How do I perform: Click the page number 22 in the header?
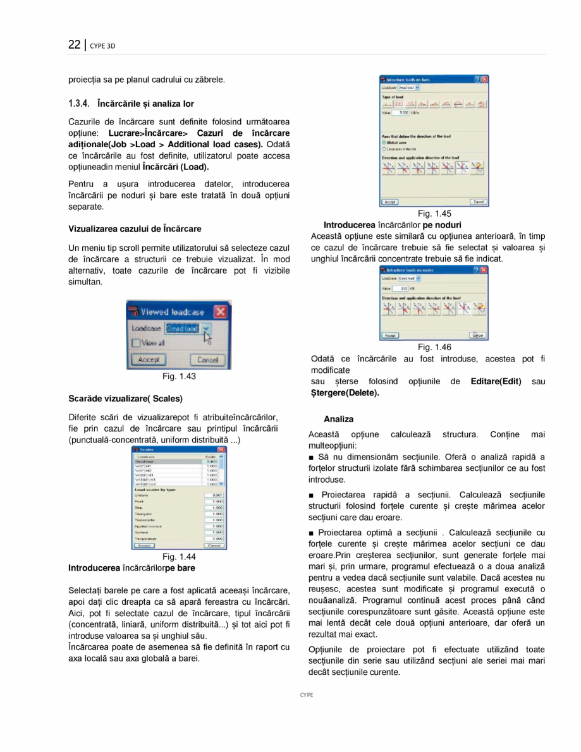click(x=75, y=45)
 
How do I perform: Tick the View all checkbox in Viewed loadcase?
click(x=135, y=343)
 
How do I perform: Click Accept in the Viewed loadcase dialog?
click(x=148, y=360)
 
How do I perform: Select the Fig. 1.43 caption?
click(x=179, y=377)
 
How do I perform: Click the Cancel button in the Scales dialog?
click(x=214, y=545)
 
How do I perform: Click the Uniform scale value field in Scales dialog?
click(x=214, y=495)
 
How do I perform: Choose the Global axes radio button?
click(x=384, y=143)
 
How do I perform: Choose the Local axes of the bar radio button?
click(x=384, y=149)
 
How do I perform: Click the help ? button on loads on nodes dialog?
click(x=477, y=269)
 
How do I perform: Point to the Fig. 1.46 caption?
click(x=434, y=347)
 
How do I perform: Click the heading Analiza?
click(x=338, y=419)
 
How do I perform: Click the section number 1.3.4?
click(x=81, y=104)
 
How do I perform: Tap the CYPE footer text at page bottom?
click(x=307, y=694)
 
